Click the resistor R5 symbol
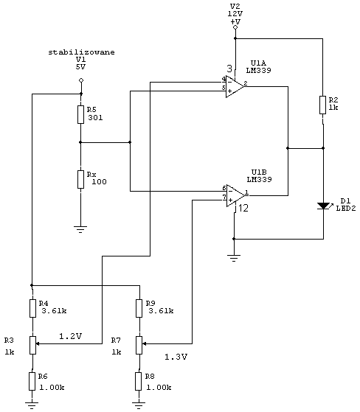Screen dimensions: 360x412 coord(80,114)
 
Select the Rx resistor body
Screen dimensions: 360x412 coord(80,179)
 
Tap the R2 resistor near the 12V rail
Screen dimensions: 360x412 coord(322,105)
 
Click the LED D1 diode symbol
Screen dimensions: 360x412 coord(323,206)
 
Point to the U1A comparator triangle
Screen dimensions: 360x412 coord(234,87)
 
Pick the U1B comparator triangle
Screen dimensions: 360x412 coord(235,195)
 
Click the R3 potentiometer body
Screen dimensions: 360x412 coord(32,345)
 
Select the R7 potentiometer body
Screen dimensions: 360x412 coord(139,345)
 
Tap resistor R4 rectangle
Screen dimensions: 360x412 coord(32,308)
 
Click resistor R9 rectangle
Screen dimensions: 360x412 coord(139,308)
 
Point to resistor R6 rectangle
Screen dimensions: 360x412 coord(32,381)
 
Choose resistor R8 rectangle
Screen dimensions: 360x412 coord(139,381)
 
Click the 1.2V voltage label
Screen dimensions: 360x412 coord(71,336)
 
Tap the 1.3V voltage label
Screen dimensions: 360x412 coord(176,357)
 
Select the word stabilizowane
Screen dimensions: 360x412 coord(82,52)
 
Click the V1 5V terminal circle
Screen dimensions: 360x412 coord(81,80)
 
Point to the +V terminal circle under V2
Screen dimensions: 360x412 coord(235,27)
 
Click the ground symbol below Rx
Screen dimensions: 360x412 coord(80,229)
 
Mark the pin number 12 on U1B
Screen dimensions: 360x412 coord(243,208)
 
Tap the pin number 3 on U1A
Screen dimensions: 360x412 coord(229,69)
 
